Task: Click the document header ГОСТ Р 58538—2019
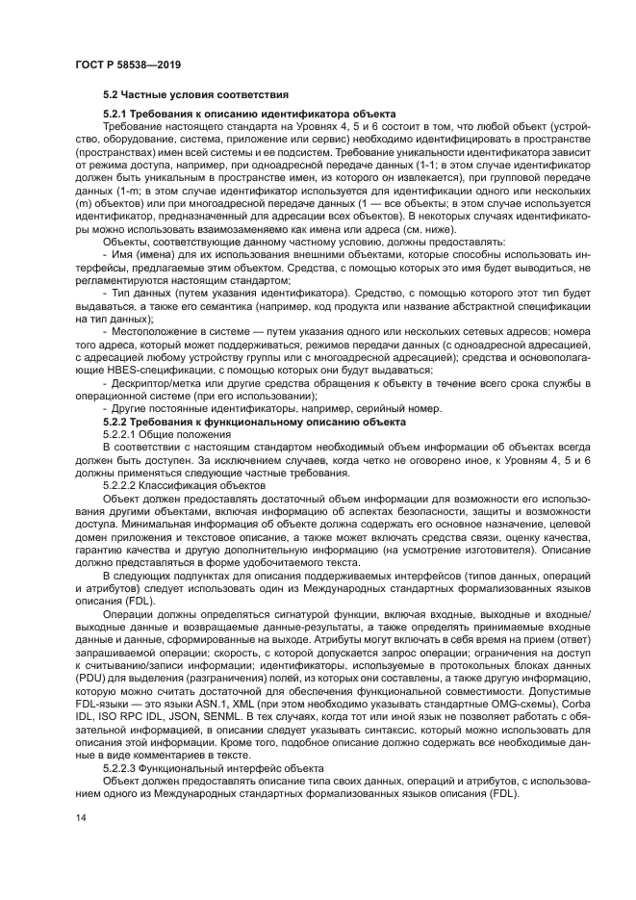pyautogui.click(x=128, y=64)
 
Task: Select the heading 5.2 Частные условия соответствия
pyautogui.click(x=195, y=96)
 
